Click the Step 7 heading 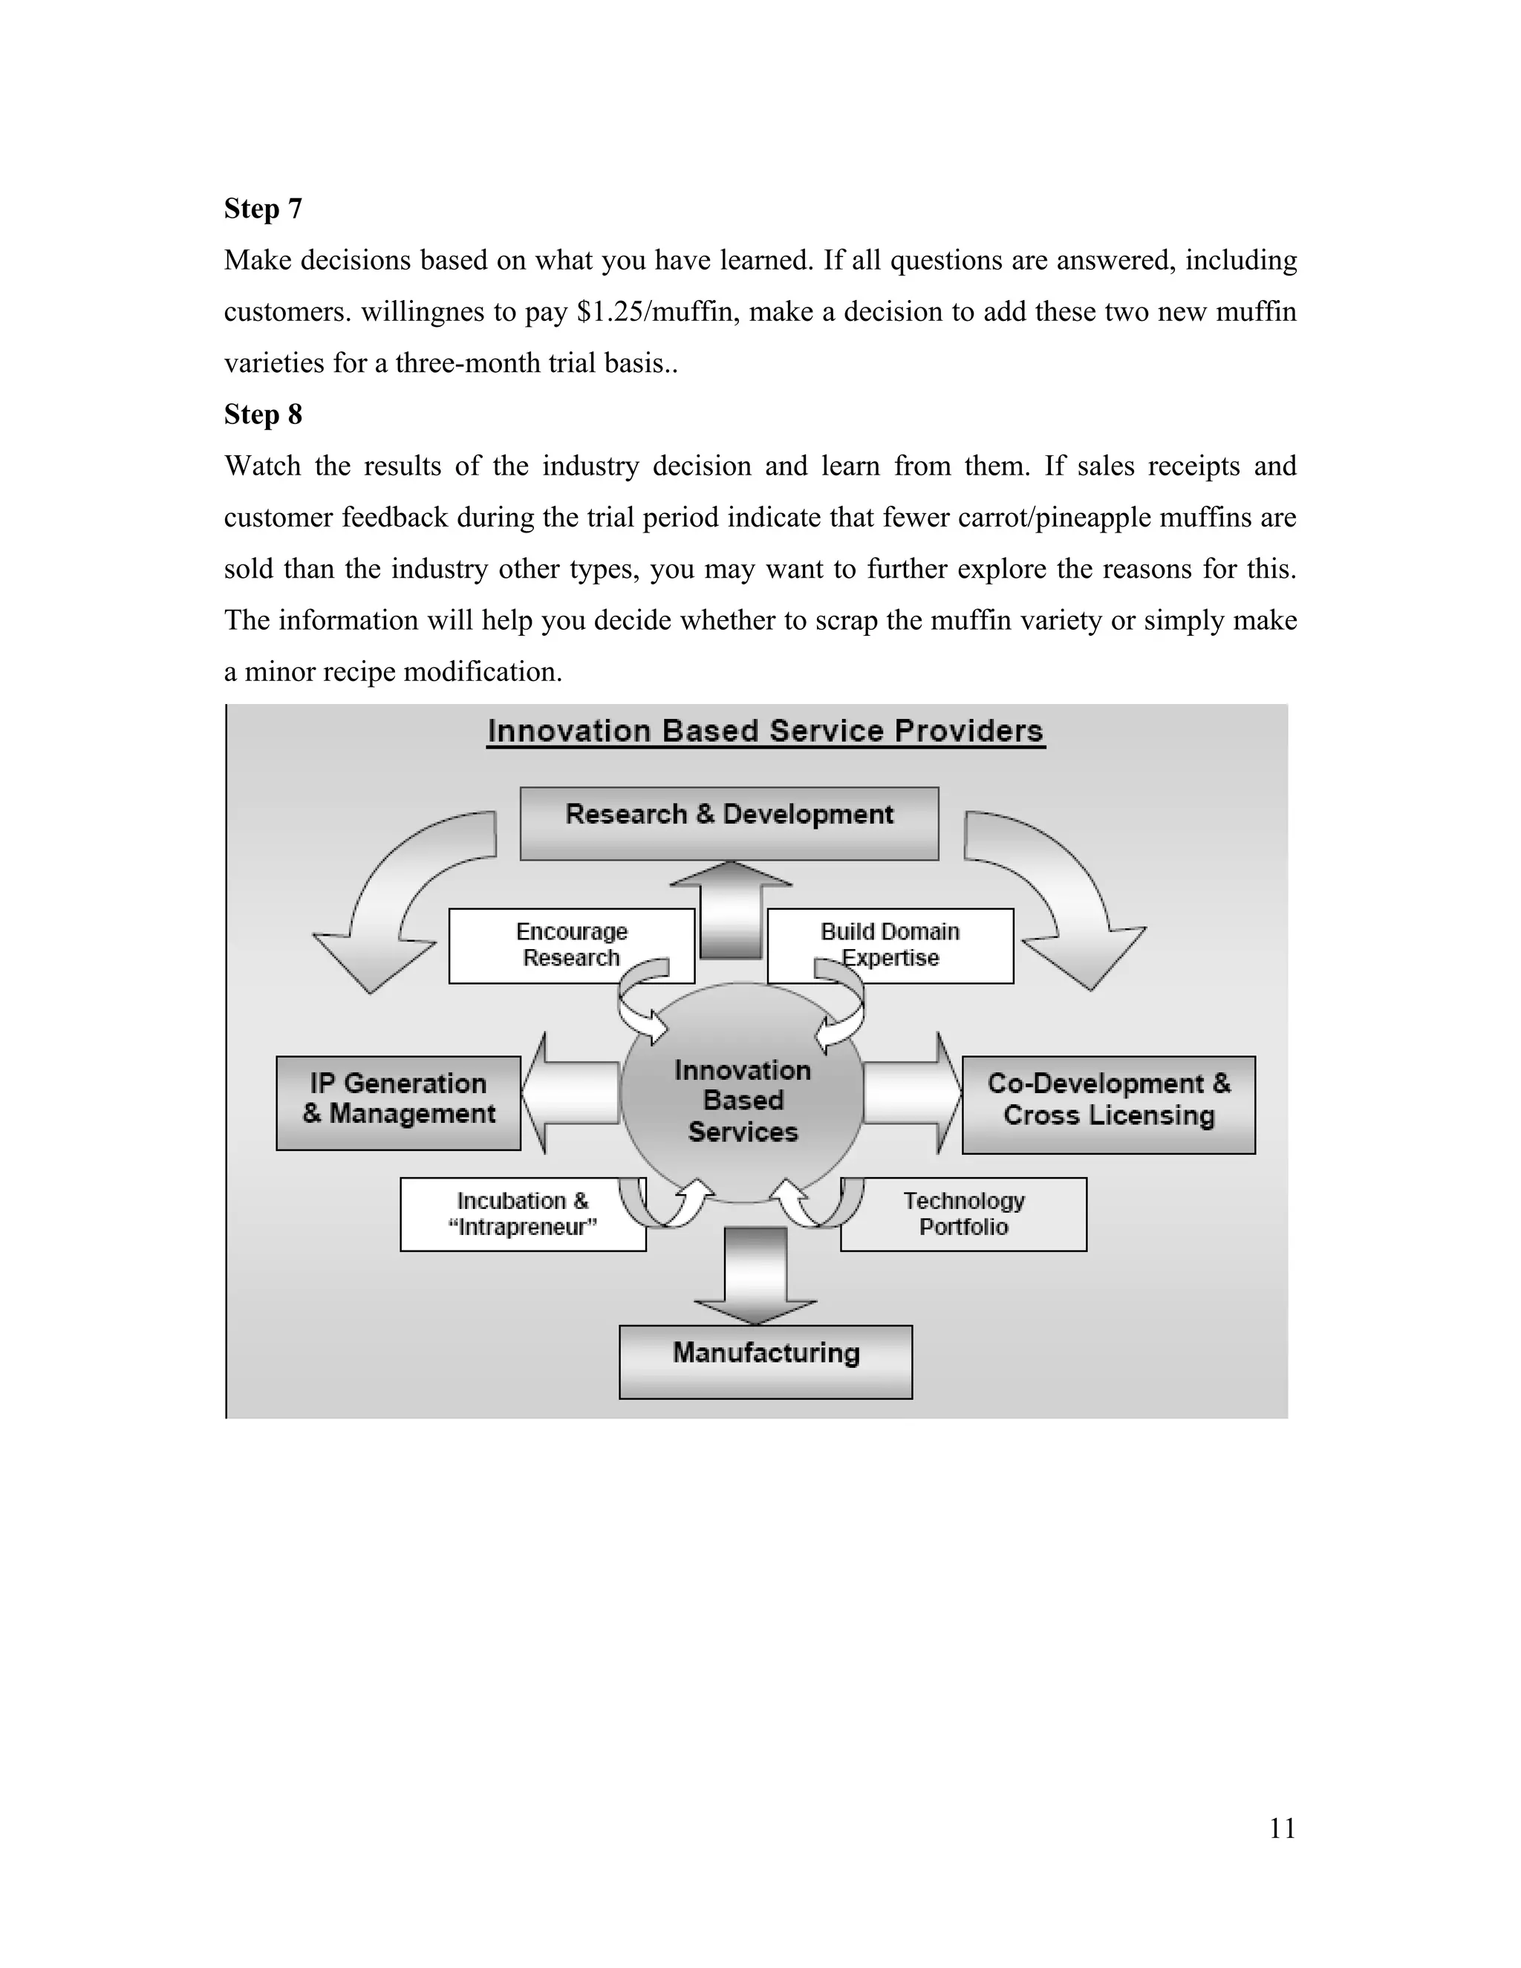coord(262,209)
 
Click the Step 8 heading coord(262,414)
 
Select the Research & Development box coord(729,823)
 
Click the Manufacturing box coord(765,1361)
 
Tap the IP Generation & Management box coord(398,1102)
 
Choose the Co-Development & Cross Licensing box coord(1108,1104)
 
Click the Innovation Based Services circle coord(743,1101)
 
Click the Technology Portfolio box coord(963,1213)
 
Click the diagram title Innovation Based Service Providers coord(765,731)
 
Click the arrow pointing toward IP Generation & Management coord(570,1093)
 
